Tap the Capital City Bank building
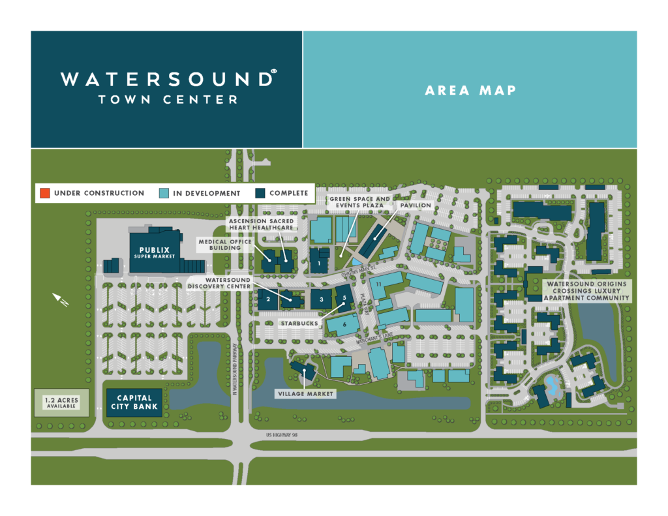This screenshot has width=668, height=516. (x=134, y=402)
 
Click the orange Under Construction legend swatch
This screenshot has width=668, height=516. (x=44, y=193)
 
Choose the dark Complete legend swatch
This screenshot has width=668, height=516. (x=260, y=193)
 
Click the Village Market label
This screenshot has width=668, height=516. (x=305, y=394)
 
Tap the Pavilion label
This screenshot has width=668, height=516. (x=416, y=205)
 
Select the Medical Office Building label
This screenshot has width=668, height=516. (x=220, y=244)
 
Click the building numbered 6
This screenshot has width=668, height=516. (x=344, y=324)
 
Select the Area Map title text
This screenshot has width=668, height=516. (x=470, y=91)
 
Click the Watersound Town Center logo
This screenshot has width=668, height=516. (x=166, y=88)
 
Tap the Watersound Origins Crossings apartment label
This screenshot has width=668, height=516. (x=586, y=291)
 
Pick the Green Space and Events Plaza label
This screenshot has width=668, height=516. (x=359, y=202)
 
